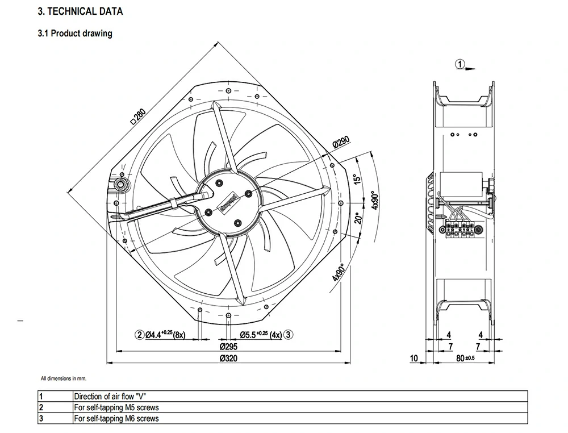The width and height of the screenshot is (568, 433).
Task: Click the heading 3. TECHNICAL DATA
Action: tap(80, 11)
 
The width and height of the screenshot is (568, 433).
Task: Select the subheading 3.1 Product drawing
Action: tap(75, 34)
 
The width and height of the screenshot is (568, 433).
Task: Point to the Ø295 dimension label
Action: tap(228, 346)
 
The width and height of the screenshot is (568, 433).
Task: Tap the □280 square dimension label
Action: tap(138, 115)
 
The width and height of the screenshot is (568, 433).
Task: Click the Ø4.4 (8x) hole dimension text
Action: tap(166, 335)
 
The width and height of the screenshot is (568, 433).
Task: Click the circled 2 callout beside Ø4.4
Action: tap(139, 335)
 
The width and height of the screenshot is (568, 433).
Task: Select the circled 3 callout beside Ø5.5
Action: tap(289, 335)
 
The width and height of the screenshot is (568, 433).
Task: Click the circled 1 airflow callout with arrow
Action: tap(461, 64)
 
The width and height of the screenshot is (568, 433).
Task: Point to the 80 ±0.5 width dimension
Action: tap(465, 359)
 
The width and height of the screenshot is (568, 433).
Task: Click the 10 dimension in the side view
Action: tap(414, 359)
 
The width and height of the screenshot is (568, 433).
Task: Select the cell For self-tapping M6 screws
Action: tap(116, 419)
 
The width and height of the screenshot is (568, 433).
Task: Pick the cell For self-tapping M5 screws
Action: tap(116, 407)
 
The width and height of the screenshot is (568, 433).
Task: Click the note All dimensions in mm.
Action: tap(64, 378)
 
